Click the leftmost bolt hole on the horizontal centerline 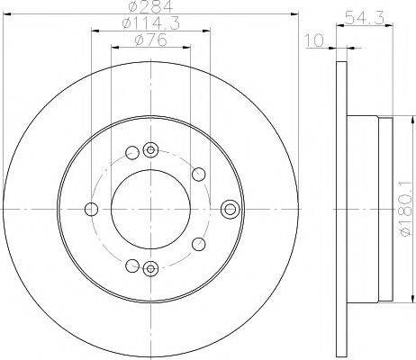pyautogui.click(x=90, y=209)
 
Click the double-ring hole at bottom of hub pyautogui.click(x=150, y=266)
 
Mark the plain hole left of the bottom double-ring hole pyautogui.click(x=132, y=265)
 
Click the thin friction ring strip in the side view pyautogui.click(x=339, y=209)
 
